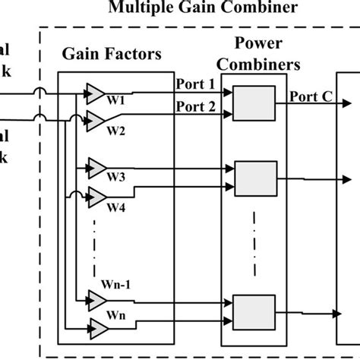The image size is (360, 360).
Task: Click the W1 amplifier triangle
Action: (x=96, y=93)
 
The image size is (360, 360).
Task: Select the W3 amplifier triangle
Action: (x=96, y=167)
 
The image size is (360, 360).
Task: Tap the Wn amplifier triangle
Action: (x=96, y=329)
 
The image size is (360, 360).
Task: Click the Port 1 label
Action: (x=195, y=83)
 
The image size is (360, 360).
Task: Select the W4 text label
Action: (x=116, y=207)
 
